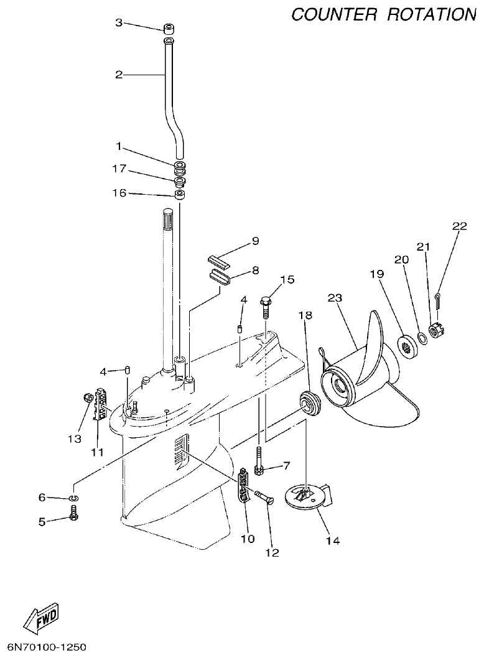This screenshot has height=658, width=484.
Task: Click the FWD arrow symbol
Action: [x=41, y=618]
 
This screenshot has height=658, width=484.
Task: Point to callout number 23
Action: [x=335, y=299]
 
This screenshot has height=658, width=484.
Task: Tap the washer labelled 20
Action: [x=421, y=338]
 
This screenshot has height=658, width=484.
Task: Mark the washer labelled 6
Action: [x=74, y=498]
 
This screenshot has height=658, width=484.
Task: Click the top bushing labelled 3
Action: [x=168, y=29]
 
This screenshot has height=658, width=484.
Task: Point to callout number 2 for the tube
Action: [x=119, y=75]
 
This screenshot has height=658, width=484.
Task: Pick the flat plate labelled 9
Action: [x=215, y=258]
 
